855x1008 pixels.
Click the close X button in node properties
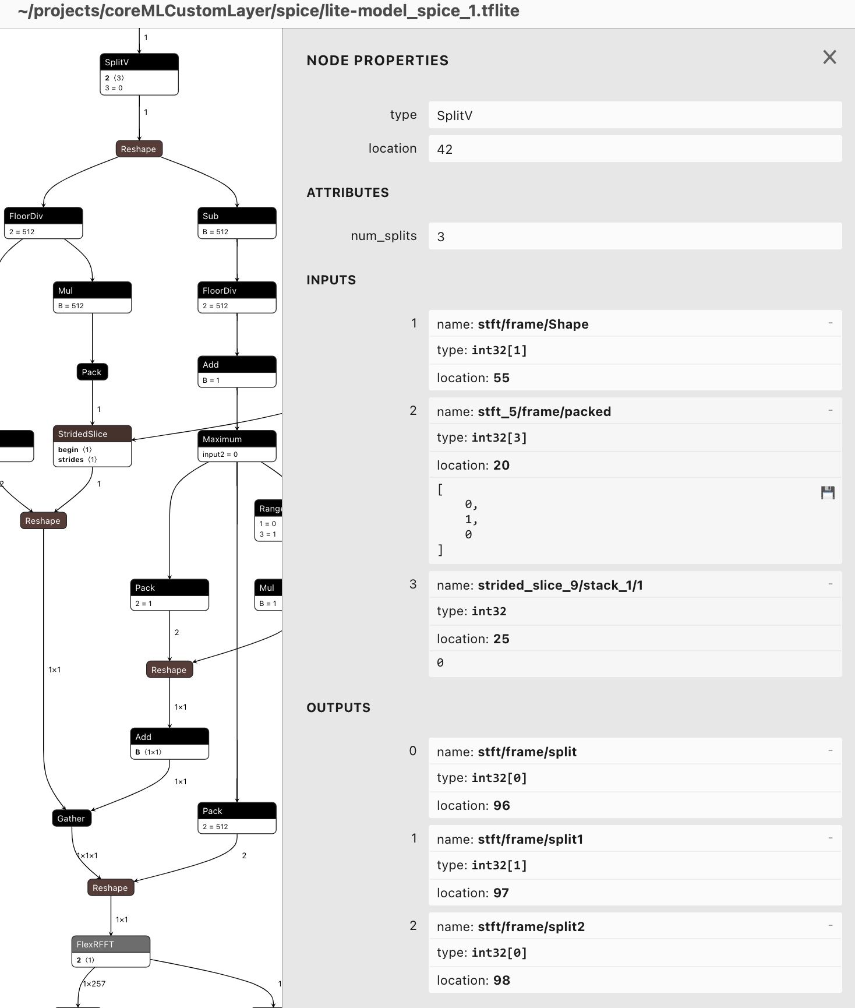pos(829,57)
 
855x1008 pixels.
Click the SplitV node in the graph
pos(139,74)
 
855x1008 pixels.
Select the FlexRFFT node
pos(111,951)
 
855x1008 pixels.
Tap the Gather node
pos(71,818)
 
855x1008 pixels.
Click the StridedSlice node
pos(92,445)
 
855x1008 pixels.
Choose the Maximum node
pos(236,446)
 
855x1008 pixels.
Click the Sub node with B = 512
pos(236,223)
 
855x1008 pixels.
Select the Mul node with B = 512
pos(92,297)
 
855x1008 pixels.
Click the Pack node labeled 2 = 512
pos(236,817)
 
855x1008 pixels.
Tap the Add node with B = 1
pos(236,371)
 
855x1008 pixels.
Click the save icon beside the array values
pos(828,493)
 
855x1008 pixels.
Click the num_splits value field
pos(635,237)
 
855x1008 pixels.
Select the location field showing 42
pos(635,149)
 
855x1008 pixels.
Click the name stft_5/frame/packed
pos(544,411)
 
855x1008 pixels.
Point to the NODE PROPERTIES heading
pos(377,61)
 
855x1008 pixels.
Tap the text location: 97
pos(473,893)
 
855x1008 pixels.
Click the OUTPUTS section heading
pos(338,707)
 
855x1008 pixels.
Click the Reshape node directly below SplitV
pos(139,149)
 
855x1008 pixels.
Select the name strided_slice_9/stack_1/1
pos(560,585)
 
